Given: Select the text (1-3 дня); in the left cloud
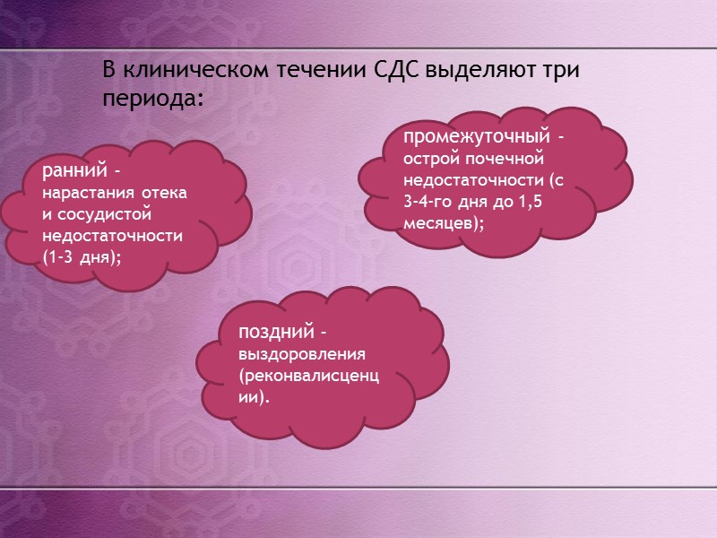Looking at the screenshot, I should point(82,257).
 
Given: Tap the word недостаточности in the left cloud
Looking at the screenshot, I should point(112,236).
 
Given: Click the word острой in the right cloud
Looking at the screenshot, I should point(434,160).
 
